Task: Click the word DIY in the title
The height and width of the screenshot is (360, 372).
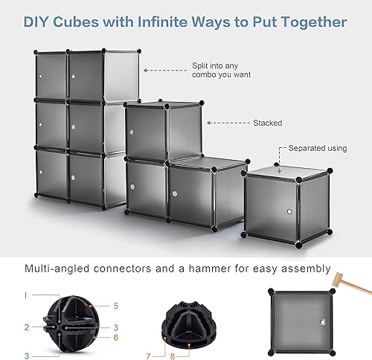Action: [x=36, y=22]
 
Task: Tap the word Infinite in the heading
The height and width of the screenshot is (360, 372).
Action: [x=162, y=22]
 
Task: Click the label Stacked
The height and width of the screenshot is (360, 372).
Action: [x=268, y=123]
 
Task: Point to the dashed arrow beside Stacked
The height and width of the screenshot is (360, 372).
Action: [x=228, y=123]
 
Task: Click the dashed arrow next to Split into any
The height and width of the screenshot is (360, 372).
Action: [x=165, y=71]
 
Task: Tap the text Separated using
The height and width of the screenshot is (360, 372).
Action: [x=318, y=148]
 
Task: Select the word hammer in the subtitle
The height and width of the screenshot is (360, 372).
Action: [x=210, y=269]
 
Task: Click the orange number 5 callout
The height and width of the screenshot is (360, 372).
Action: [x=116, y=306]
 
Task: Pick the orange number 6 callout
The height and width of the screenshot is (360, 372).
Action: [x=116, y=338]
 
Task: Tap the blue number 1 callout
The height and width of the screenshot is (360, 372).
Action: [x=26, y=295]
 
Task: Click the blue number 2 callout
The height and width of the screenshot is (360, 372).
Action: [x=27, y=327]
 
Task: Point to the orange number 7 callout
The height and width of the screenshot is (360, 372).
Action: [x=148, y=356]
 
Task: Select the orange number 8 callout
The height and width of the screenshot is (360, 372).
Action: [x=173, y=356]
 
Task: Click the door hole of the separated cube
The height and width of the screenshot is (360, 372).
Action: [x=289, y=211]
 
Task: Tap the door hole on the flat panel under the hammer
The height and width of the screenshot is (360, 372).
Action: [x=323, y=322]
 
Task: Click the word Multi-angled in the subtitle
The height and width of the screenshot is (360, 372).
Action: [x=57, y=269]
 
